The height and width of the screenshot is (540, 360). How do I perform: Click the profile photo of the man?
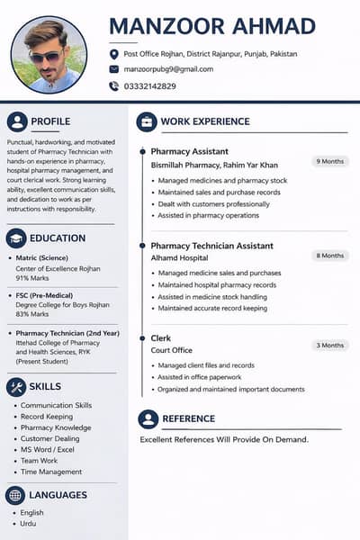(49, 55)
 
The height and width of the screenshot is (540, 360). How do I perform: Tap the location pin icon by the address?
(113, 54)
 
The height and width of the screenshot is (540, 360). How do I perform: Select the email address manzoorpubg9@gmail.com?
(168, 69)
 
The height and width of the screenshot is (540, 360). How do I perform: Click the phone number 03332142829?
(150, 86)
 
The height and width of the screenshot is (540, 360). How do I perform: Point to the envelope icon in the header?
(113, 69)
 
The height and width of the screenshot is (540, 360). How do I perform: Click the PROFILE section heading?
(50, 121)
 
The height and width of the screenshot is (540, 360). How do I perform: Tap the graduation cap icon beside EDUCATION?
(15, 238)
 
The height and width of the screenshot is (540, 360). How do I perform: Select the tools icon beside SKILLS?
(15, 387)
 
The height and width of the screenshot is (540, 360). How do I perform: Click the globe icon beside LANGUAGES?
(15, 495)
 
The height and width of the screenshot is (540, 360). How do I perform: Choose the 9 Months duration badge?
(330, 162)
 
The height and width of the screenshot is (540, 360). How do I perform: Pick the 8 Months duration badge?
(330, 256)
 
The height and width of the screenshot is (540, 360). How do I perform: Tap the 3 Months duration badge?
(330, 346)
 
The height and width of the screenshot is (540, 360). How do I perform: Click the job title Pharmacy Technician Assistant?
(211, 245)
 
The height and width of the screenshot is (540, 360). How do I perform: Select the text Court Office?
(172, 349)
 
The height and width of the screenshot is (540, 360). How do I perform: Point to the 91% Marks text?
(32, 277)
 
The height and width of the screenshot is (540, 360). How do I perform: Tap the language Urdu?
(28, 524)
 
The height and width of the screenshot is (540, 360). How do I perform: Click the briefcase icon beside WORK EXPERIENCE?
(147, 121)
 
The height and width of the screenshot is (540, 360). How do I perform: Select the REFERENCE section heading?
(188, 418)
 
